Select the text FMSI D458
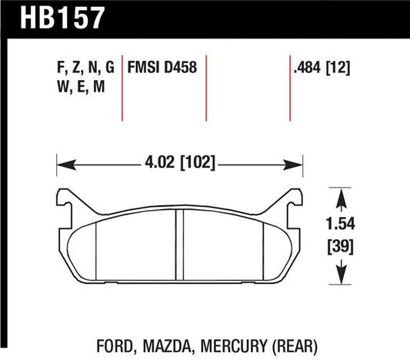click(165, 68)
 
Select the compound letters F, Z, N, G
click(86, 68)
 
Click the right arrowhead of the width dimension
click(300, 163)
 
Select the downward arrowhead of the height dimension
click(341, 278)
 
